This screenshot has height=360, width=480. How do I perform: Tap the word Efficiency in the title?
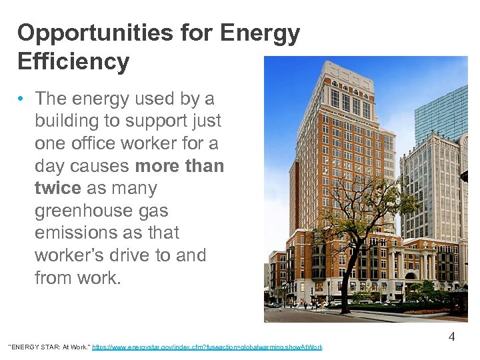(73, 61)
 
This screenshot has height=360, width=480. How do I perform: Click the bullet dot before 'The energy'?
(22, 99)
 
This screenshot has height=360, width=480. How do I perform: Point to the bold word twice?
(57, 188)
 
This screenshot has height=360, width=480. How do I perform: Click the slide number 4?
(451, 337)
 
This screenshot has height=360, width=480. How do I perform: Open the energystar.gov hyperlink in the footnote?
(207, 347)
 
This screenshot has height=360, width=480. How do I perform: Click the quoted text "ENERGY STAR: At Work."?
(47, 347)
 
